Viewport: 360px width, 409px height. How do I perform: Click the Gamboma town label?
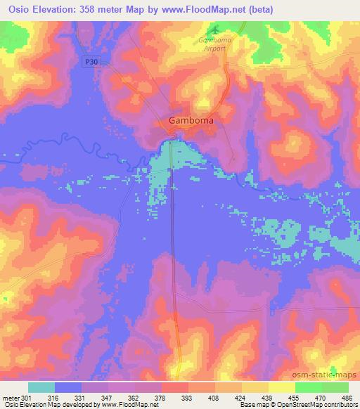point(191,120)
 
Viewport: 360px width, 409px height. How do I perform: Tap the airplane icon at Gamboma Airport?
point(215,30)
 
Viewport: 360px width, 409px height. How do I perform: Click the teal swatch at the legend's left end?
point(41,387)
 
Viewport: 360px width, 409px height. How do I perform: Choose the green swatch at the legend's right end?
point(335,387)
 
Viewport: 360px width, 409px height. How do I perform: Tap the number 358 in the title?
point(91,10)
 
